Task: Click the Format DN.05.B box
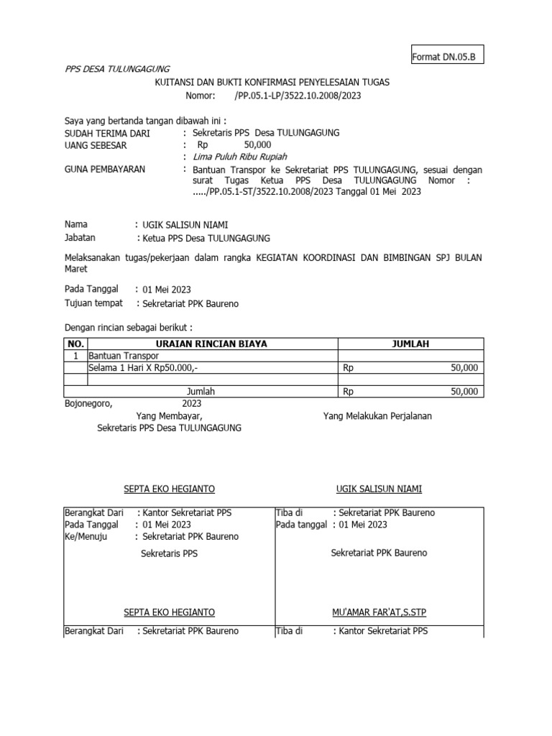click(x=446, y=56)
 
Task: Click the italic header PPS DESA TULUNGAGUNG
click(x=117, y=69)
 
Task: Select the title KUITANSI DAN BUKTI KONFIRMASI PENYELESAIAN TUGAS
click(x=272, y=83)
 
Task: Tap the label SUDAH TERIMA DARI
click(x=107, y=134)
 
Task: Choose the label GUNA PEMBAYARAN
click(x=105, y=170)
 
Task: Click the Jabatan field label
click(x=80, y=237)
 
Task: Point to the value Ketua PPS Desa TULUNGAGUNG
click(x=204, y=239)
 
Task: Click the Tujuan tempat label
click(x=93, y=303)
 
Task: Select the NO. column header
click(x=75, y=344)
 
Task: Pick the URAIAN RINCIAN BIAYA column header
click(x=211, y=344)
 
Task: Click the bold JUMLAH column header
click(x=410, y=344)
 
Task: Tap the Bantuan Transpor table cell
click(x=123, y=356)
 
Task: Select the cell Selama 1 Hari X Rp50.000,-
click(x=149, y=368)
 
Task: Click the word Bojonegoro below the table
click(x=88, y=403)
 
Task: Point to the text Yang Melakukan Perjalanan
click(x=377, y=416)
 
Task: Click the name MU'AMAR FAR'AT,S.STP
click(x=379, y=612)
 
